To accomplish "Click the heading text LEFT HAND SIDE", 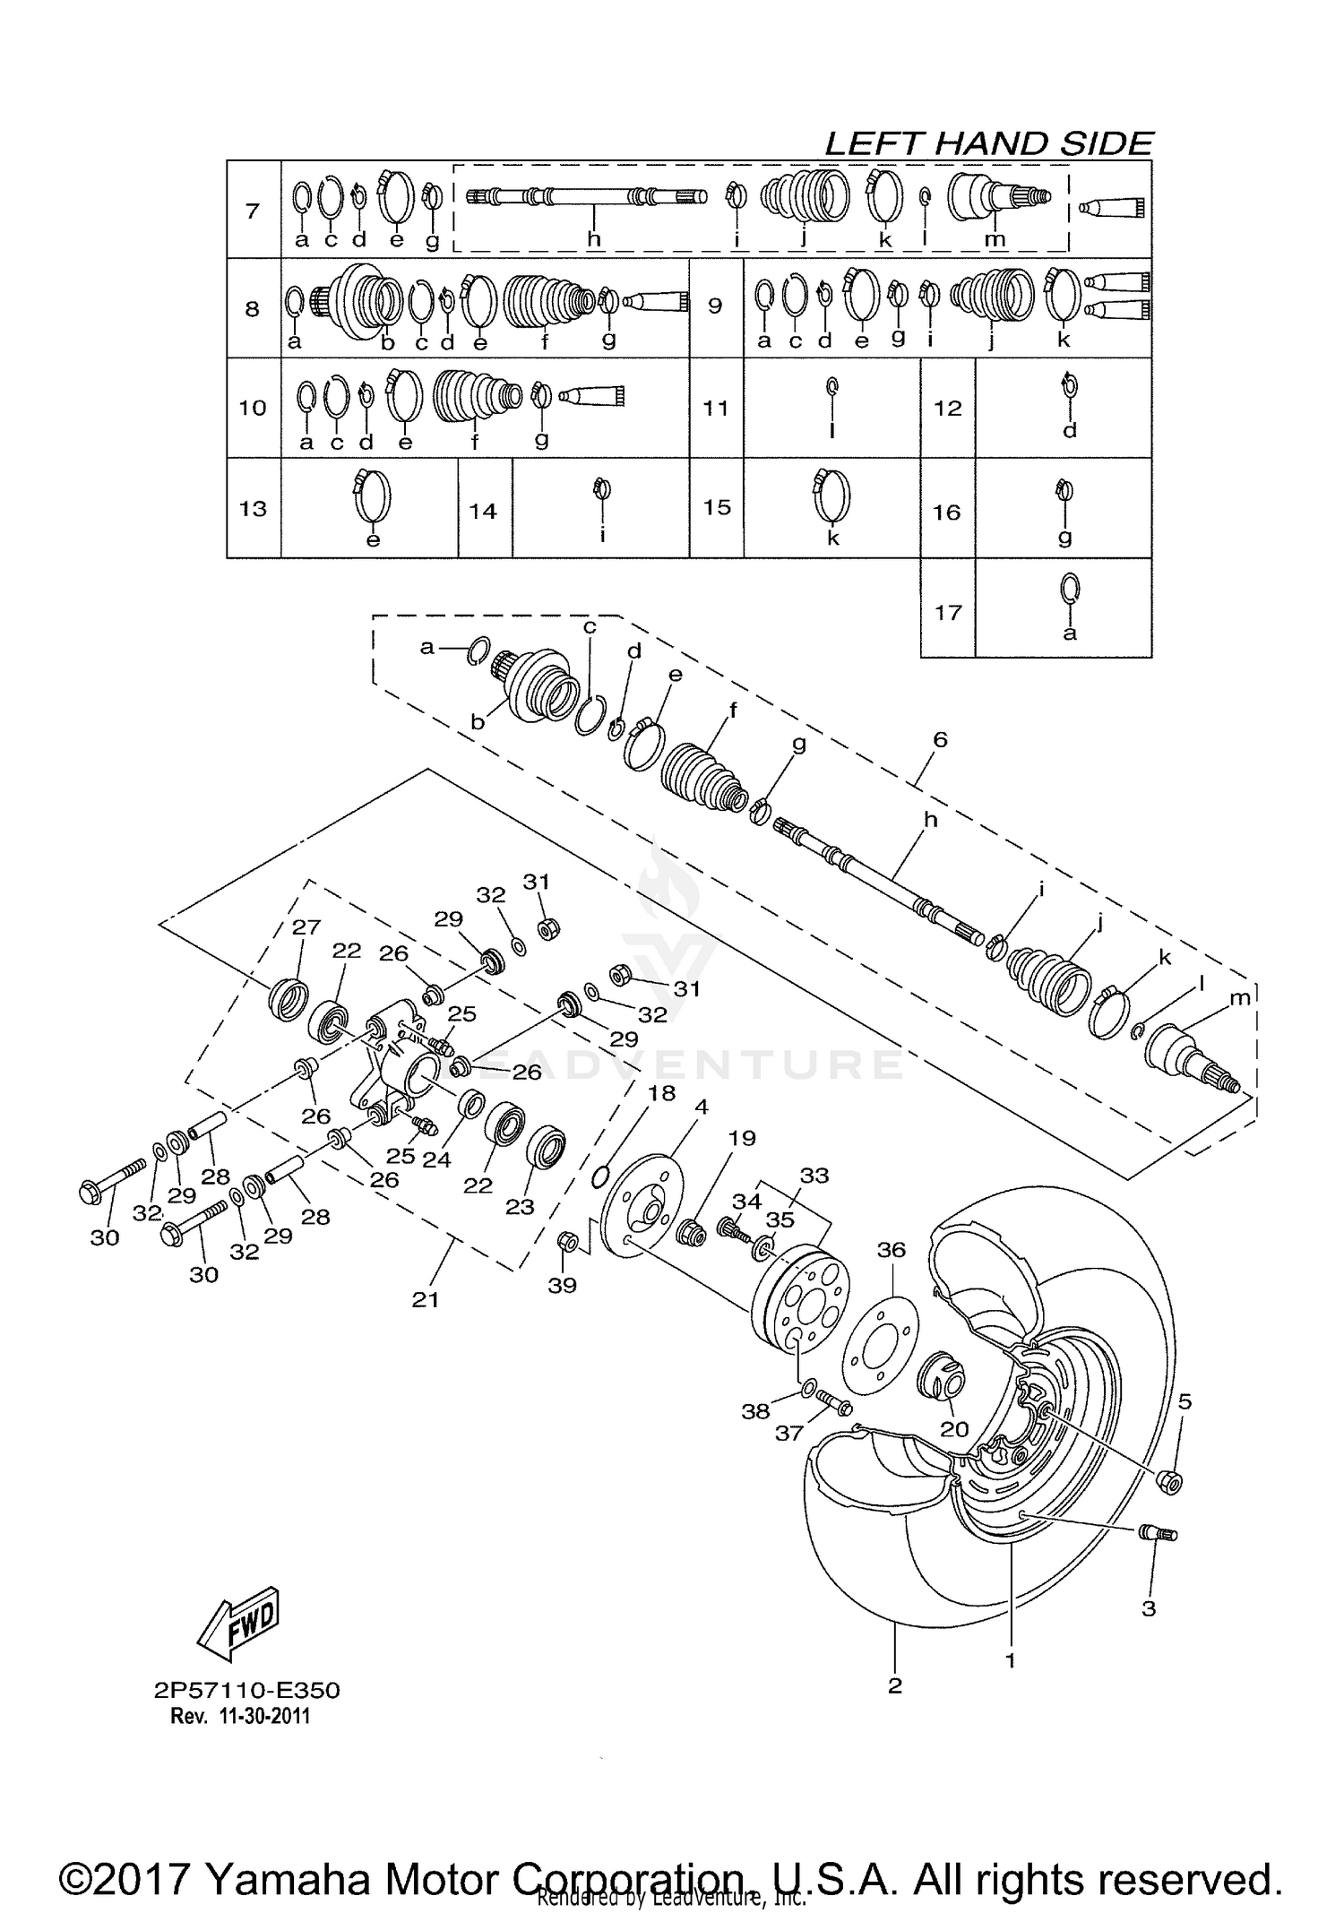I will point(987,143).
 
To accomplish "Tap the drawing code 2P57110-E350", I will point(246,1691).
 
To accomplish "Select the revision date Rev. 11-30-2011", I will point(240,1716).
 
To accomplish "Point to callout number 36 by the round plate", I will point(892,1249).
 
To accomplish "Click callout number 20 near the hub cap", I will point(954,1428).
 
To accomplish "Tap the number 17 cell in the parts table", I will point(947,613).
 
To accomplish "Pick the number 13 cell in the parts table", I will point(254,509).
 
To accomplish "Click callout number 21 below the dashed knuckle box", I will point(425,1299).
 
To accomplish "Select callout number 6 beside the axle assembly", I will point(939,740).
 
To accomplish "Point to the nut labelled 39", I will point(566,1242).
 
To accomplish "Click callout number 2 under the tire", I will point(894,1685).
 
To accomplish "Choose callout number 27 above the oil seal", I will point(306,927).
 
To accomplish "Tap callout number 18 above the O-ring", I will point(661,1093).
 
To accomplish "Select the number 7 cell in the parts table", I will point(253,211).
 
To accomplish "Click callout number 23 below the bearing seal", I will point(520,1206).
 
